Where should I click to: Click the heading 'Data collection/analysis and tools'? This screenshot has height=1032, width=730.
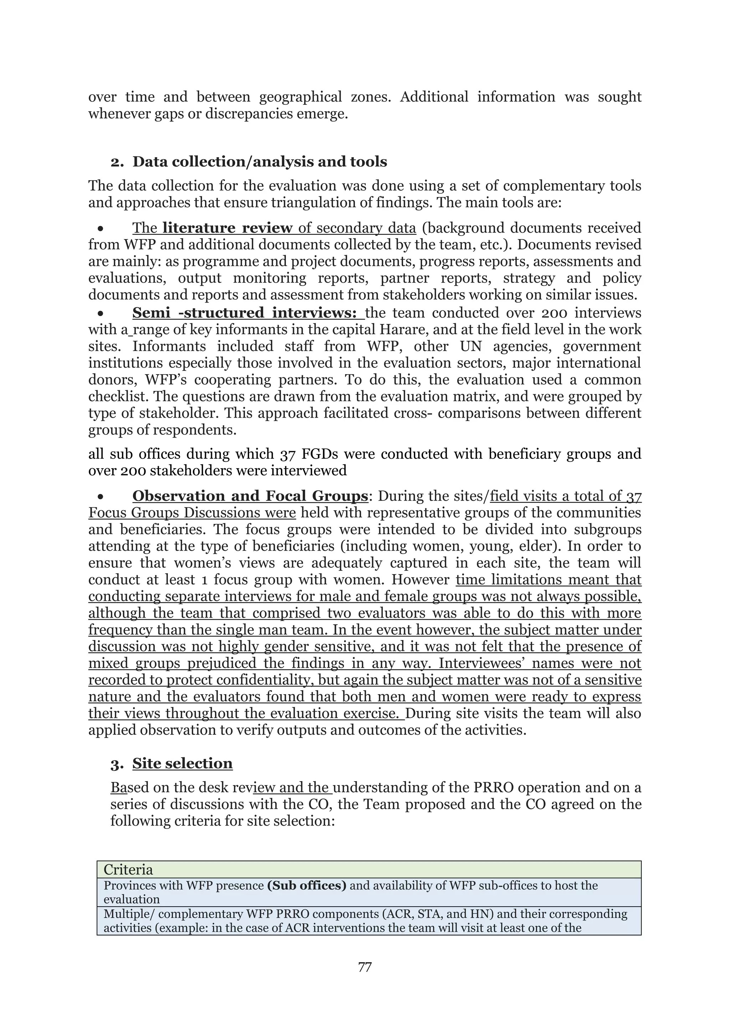pos(259,162)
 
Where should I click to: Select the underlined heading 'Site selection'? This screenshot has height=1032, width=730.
pos(182,763)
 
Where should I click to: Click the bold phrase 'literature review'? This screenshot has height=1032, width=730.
pos(227,228)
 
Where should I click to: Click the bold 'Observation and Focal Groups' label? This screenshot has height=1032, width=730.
pos(250,496)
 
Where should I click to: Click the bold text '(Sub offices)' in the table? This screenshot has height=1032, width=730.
pos(307,886)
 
